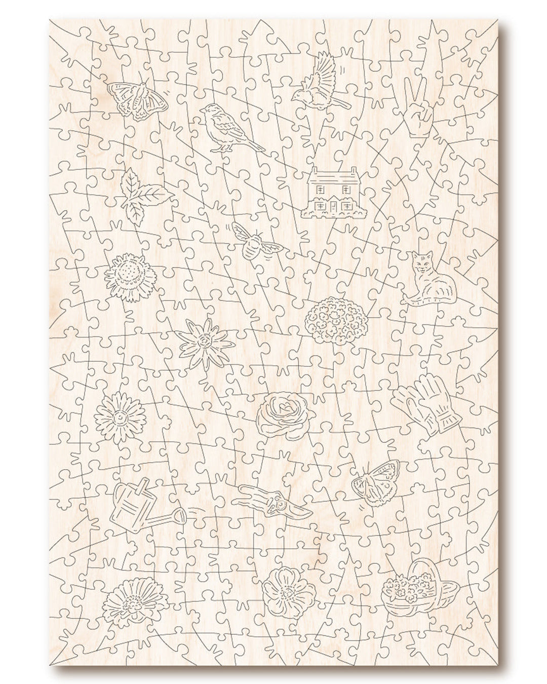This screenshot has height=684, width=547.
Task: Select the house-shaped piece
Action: point(335,194)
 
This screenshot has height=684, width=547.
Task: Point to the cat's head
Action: point(420,264)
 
